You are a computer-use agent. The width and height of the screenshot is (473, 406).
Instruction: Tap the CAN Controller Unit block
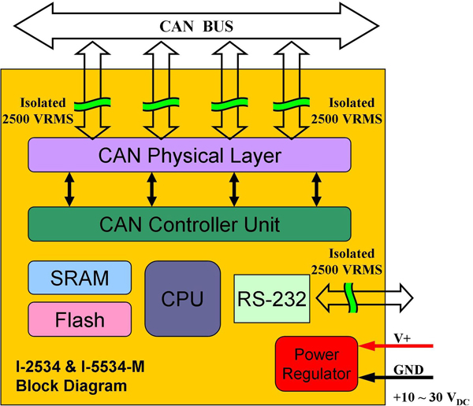coord(189,225)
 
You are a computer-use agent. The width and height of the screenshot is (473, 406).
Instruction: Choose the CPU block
coord(182,299)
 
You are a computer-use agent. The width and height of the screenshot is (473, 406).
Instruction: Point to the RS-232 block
coord(270,298)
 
